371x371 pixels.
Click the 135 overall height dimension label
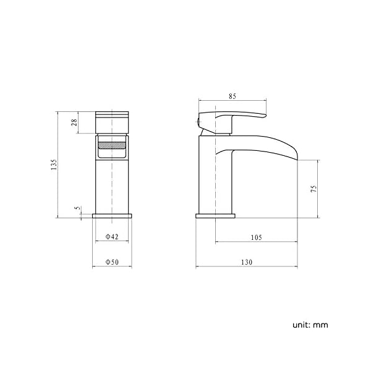pyautogui.click(x=54, y=164)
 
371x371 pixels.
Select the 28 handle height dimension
pyautogui.click(x=74, y=122)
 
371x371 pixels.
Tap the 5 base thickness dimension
pyautogui.click(x=77, y=208)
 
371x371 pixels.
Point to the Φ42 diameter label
pyautogui.click(x=112, y=236)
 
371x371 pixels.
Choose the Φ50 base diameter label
pyautogui.click(x=112, y=262)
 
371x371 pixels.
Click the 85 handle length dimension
pyautogui.click(x=232, y=96)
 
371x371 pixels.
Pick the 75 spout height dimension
pyautogui.click(x=313, y=189)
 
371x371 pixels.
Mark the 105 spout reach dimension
pyautogui.click(x=256, y=237)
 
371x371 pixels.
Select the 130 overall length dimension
pyautogui.click(x=247, y=262)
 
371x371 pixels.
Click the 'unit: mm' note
pyautogui.click(x=310, y=325)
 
